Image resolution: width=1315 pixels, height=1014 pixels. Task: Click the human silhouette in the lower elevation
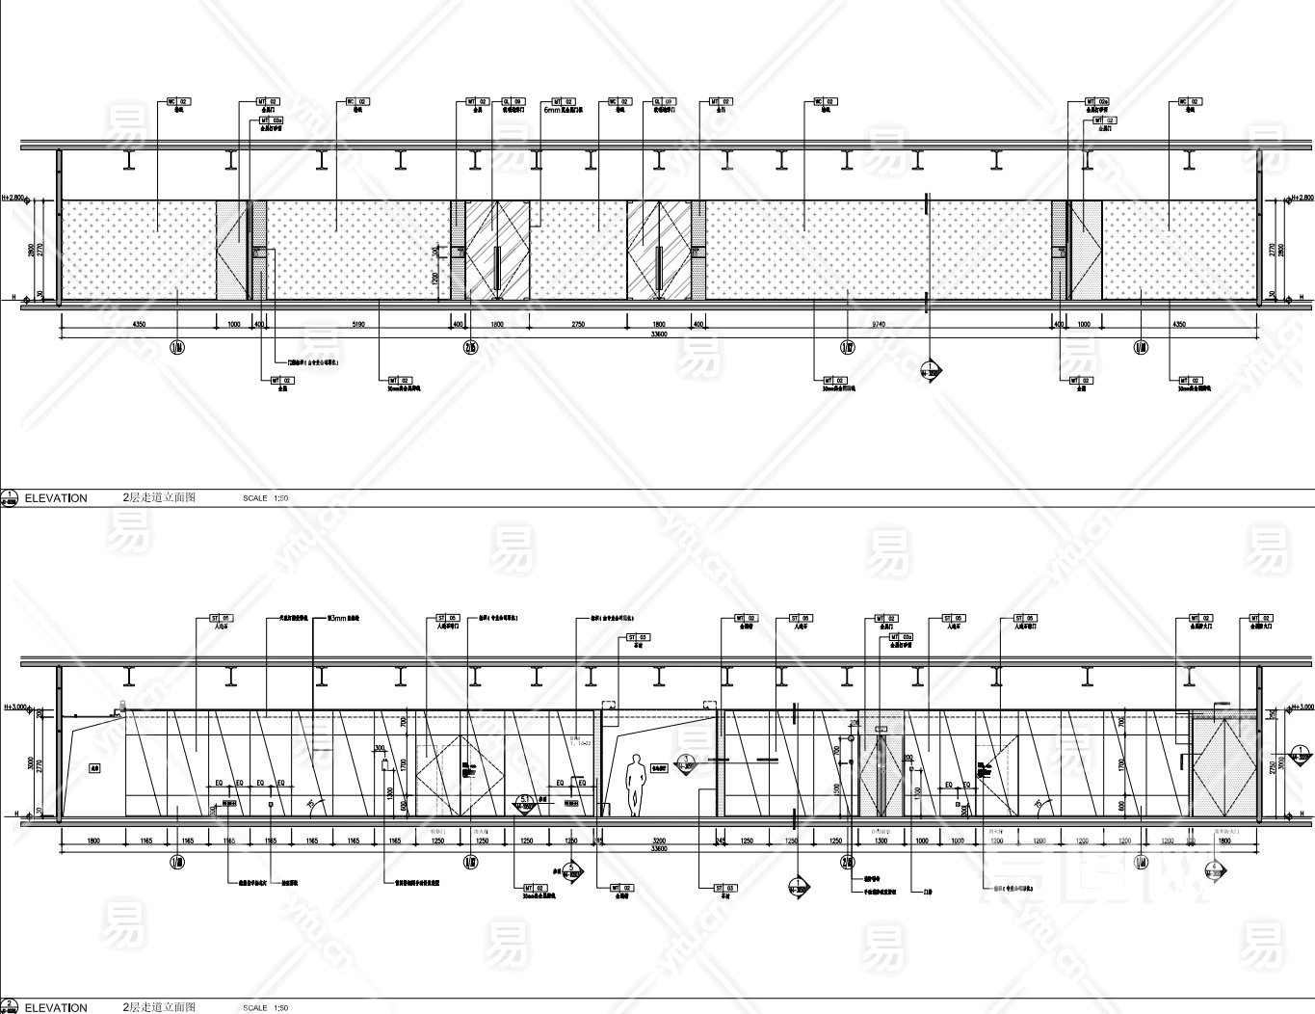pos(635,785)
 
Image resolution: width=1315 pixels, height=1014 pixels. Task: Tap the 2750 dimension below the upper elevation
pos(578,325)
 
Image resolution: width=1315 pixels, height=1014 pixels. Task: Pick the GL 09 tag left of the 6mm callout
pos(511,101)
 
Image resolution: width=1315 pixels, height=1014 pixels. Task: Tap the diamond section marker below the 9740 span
pos(931,372)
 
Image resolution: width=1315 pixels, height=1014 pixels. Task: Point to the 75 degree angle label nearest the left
pos(309,803)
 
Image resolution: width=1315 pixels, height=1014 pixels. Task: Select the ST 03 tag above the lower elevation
pos(637,637)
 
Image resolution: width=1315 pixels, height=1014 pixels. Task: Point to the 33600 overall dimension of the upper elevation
pos(659,336)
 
